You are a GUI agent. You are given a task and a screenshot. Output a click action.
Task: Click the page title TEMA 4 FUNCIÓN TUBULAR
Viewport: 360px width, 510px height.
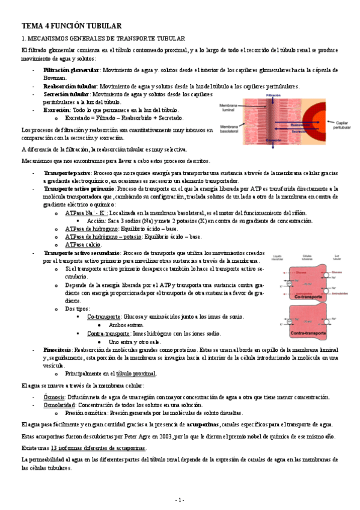click(72, 26)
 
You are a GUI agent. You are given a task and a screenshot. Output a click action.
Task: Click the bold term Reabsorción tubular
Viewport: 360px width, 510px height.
click(70, 86)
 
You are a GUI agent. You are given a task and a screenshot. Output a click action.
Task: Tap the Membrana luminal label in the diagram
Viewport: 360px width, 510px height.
click(230, 107)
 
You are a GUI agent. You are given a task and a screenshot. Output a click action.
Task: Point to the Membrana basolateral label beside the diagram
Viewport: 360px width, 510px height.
click(230, 129)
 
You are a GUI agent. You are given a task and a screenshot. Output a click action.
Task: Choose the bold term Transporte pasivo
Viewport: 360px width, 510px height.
click(66, 173)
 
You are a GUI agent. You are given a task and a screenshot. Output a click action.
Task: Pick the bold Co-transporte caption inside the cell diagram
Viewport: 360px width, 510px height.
click(306, 296)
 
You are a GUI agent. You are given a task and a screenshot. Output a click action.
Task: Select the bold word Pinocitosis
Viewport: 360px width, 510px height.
click(59, 349)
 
